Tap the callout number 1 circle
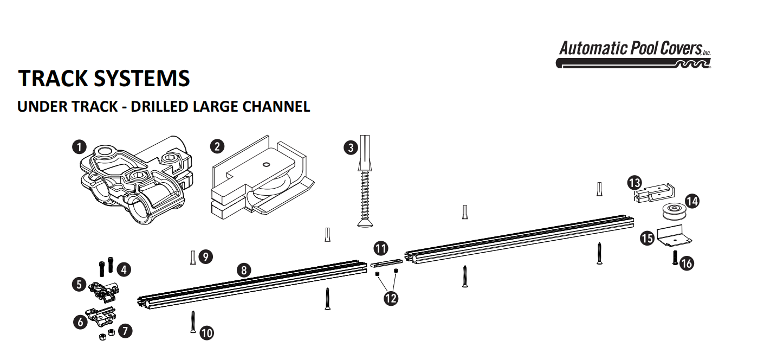[80, 146]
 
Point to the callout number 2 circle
[217, 146]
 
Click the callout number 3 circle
[351, 147]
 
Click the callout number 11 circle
[381, 249]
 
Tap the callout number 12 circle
[390, 298]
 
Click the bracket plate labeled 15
[674, 236]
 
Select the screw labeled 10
[192, 321]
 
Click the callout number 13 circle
[635, 183]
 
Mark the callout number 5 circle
[80, 284]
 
